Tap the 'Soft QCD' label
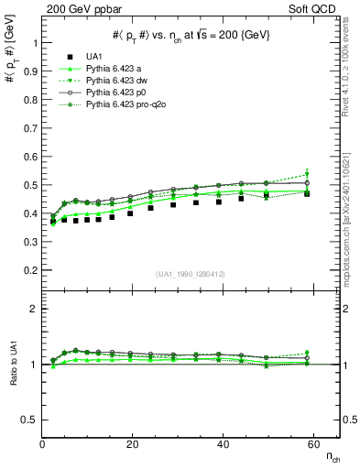pos(317,7)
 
